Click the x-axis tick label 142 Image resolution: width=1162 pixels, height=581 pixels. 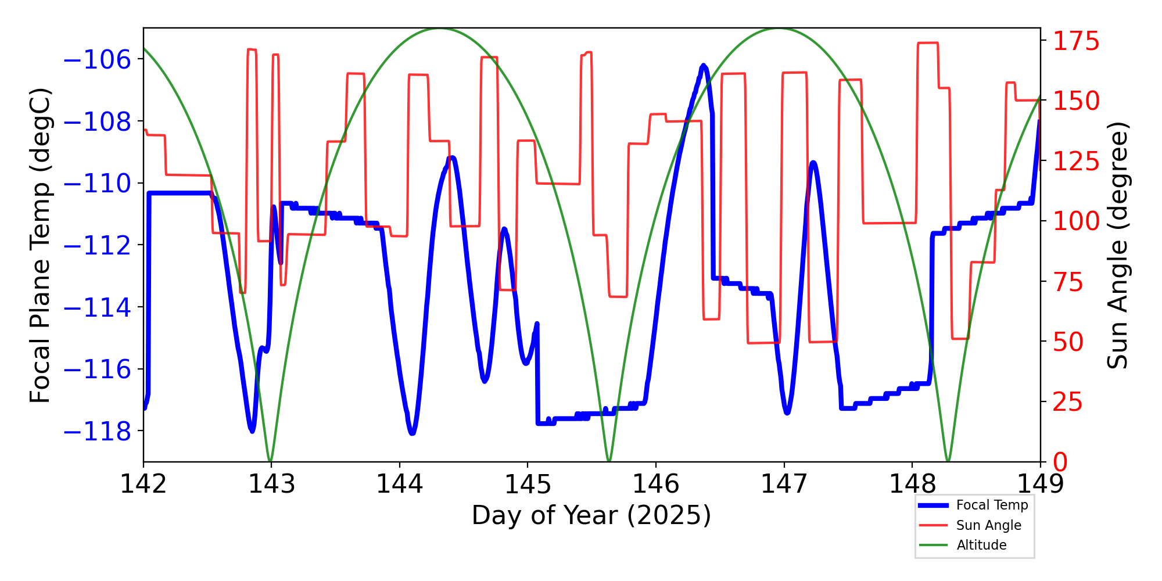click(x=143, y=484)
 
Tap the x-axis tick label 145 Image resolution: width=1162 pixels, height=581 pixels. click(x=528, y=484)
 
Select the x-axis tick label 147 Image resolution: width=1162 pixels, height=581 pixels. click(x=784, y=484)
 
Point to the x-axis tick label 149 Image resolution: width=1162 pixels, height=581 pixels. click(x=1040, y=484)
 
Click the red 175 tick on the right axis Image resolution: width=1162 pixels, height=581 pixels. click(x=1077, y=41)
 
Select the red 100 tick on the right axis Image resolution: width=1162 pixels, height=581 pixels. click(x=1077, y=221)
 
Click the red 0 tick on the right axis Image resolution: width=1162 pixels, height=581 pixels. click(x=1060, y=462)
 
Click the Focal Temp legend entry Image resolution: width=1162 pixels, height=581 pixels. click(x=992, y=505)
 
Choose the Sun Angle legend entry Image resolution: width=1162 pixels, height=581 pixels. click(x=988, y=525)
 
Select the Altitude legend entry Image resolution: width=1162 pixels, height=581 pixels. click(x=981, y=545)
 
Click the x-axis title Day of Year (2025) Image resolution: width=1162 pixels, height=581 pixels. click(x=591, y=515)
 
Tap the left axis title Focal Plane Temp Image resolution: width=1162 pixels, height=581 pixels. click(x=41, y=245)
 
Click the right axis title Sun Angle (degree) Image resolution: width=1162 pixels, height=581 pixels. click(x=1117, y=245)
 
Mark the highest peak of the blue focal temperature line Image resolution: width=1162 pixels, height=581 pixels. click(x=703, y=66)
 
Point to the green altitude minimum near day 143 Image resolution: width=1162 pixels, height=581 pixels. click(x=270, y=461)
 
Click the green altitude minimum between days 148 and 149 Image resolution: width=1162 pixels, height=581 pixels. click(x=948, y=461)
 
